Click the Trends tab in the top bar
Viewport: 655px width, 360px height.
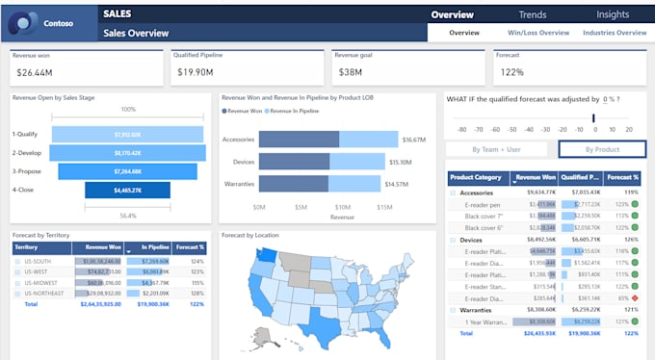533,14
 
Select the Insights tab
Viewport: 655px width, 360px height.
613,14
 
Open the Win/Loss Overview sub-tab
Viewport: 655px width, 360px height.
538,33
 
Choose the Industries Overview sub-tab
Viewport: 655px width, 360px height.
615,33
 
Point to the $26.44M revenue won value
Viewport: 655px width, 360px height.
35,72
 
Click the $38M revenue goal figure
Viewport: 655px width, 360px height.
351,72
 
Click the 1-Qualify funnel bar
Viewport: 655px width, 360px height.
127,135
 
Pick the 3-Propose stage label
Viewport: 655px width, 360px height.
26,172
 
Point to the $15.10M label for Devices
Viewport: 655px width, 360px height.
400,162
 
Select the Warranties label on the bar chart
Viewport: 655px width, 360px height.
238,184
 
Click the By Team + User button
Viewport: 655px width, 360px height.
498,149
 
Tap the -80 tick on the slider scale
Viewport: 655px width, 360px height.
461,128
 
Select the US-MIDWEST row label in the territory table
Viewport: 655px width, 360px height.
40,283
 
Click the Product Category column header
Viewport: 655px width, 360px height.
476,177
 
